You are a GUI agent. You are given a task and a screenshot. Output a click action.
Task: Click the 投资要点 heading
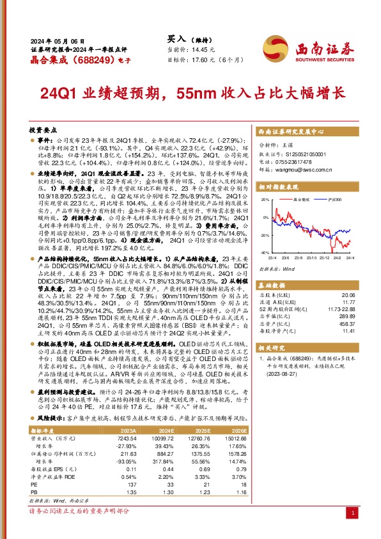(43, 129)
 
